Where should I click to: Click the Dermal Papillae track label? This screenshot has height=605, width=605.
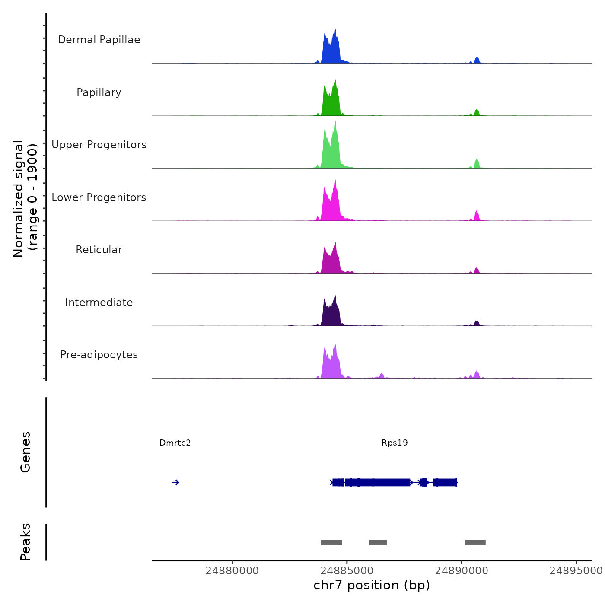[x=99, y=40]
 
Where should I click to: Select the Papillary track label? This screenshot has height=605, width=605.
[x=99, y=92]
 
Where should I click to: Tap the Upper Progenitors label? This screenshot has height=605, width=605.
[x=99, y=145]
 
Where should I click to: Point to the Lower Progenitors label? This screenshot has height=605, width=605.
[x=99, y=197]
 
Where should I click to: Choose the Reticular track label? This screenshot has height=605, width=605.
[x=99, y=250]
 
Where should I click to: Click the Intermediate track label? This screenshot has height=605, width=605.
[x=99, y=302]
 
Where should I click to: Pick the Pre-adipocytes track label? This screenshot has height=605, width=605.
[x=99, y=355]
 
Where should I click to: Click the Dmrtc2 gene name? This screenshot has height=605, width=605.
[x=175, y=443]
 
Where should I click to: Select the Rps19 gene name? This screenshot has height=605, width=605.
[x=395, y=443]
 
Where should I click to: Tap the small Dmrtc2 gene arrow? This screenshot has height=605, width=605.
[x=175, y=483]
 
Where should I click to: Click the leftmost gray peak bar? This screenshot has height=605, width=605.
[x=331, y=542]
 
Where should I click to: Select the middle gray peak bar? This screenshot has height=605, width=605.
[x=378, y=542]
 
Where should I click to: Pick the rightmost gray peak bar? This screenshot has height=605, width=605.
[x=475, y=542]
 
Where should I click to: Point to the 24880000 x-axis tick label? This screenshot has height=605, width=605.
[x=232, y=571]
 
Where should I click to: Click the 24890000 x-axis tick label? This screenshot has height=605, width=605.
[x=462, y=571]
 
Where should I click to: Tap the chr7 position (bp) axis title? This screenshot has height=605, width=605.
[x=372, y=585]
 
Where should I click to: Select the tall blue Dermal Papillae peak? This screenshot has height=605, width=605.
[x=331, y=50]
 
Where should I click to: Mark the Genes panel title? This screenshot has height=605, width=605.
[x=25, y=452]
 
